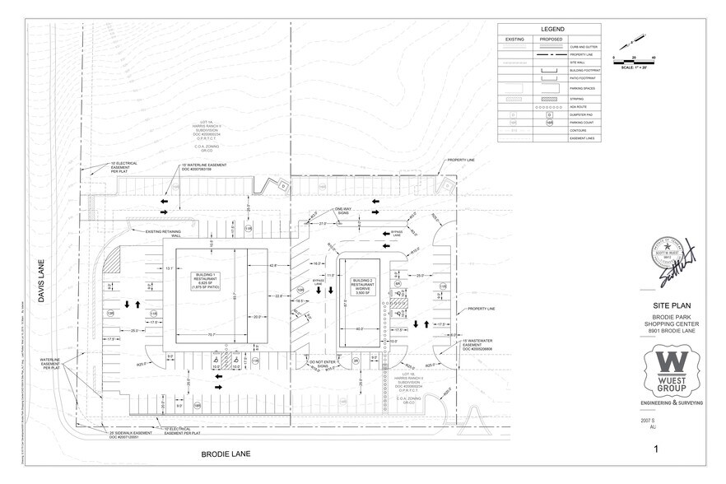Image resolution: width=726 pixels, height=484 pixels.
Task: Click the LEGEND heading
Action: tap(551, 28)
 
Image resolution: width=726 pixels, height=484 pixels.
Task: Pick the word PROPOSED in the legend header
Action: tap(551, 40)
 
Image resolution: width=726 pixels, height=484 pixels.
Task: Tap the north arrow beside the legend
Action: tap(631, 41)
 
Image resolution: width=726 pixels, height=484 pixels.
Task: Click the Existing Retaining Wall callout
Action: tap(164, 233)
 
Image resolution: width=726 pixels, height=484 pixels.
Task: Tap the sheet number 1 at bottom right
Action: tap(656, 449)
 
